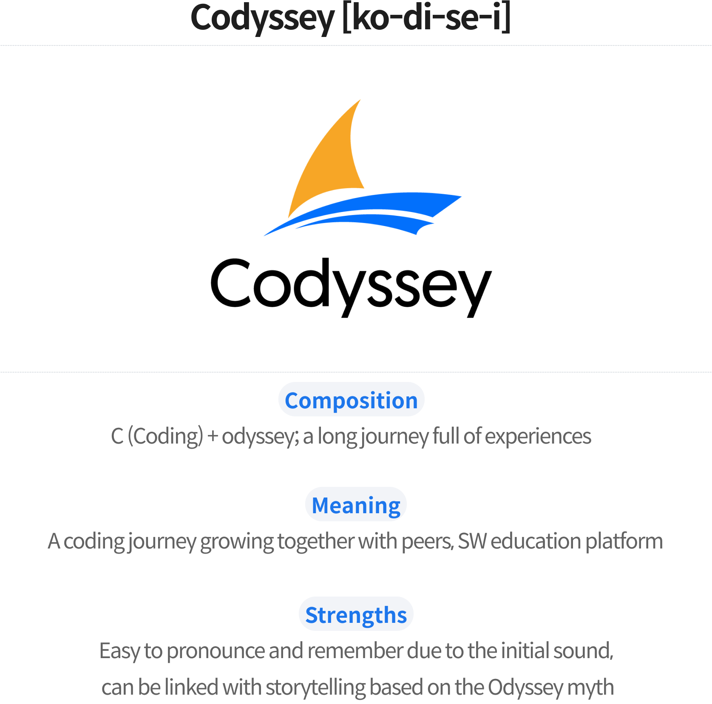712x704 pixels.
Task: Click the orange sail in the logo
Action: pyautogui.click(x=329, y=166)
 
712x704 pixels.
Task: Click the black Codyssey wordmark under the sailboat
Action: pyautogui.click(x=351, y=287)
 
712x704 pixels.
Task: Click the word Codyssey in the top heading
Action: pyautogui.click(x=263, y=19)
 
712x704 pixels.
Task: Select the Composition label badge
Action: pyautogui.click(x=351, y=400)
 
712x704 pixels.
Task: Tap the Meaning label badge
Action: pyautogui.click(x=356, y=505)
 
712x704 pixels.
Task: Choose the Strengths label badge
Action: pyautogui.click(x=356, y=614)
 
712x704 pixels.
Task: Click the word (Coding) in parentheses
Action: pyautogui.click(x=165, y=436)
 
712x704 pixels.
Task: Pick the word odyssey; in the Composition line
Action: pyautogui.click(x=260, y=437)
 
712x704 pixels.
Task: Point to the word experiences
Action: pyautogui.click(x=538, y=437)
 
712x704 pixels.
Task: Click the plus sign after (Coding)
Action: pyautogui.click(x=213, y=437)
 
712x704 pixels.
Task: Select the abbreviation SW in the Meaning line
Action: pyautogui.click(x=472, y=541)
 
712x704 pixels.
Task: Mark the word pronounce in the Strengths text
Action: pyautogui.click(x=215, y=651)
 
